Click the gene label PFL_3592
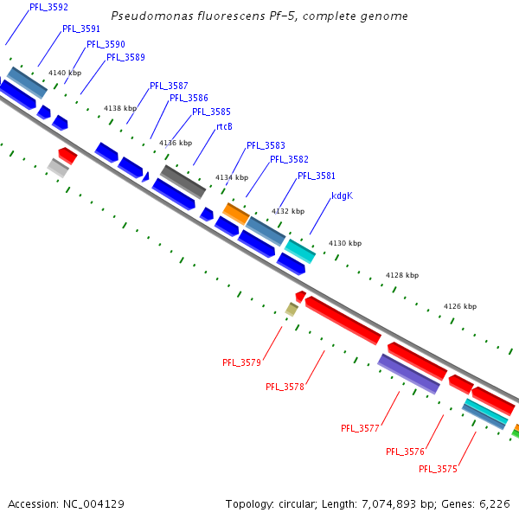(48, 7)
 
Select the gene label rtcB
(224, 126)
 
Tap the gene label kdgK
(342, 195)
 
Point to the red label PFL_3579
(241, 362)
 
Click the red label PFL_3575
(438, 469)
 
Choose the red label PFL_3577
(361, 428)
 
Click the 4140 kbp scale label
(64, 73)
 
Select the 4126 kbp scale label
(459, 306)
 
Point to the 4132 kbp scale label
(288, 211)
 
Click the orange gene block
(236, 211)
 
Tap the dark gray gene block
(183, 181)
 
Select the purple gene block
(409, 374)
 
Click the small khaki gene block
(292, 309)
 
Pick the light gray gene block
(58, 168)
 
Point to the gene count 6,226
(496, 503)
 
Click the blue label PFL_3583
(266, 145)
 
